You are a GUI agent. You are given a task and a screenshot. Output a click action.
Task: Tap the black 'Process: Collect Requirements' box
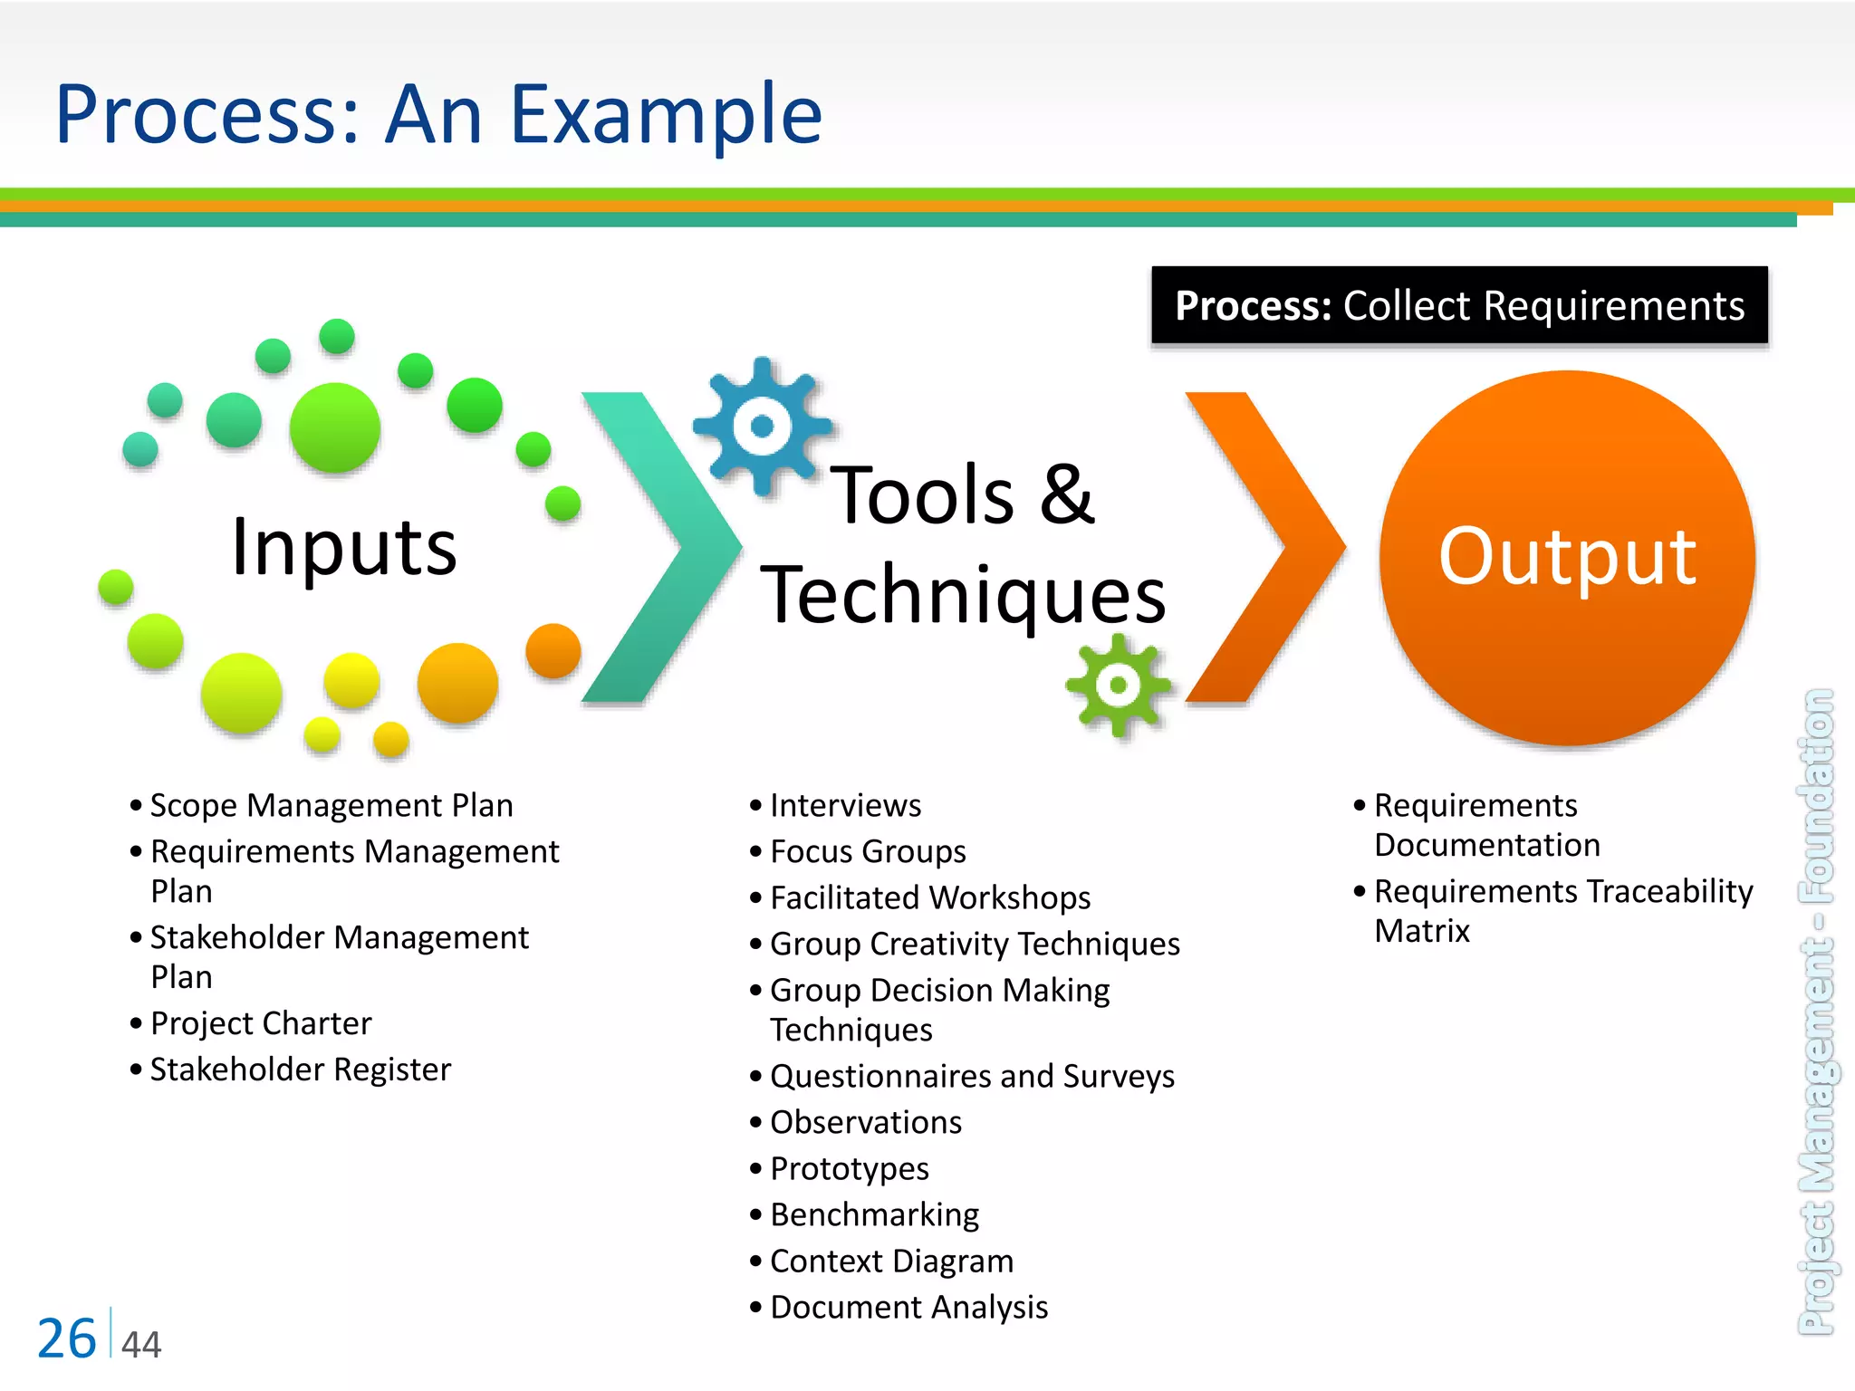[1459, 306]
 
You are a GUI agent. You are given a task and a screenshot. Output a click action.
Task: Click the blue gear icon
[762, 425]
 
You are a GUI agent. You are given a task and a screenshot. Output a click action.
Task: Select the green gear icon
[1118, 686]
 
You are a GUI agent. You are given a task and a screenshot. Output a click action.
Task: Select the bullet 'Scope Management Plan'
[332, 805]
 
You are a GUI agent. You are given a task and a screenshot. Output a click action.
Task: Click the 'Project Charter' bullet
[261, 1023]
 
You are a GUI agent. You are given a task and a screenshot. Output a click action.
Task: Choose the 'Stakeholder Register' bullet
[300, 1070]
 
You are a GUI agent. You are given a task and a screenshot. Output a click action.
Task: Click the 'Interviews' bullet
[845, 805]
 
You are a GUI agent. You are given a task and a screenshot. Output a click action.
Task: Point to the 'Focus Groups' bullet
[868, 851]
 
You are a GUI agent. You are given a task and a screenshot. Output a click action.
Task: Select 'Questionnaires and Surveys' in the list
[972, 1076]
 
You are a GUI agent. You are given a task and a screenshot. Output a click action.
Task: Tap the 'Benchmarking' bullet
[874, 1214]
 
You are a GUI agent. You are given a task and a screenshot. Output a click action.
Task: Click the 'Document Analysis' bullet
[908, 1307]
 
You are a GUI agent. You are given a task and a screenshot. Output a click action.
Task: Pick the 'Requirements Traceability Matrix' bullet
[1562, 909]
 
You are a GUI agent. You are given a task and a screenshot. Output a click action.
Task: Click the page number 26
[66, 1338]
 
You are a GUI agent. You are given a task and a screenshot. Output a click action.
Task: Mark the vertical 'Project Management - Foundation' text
[1816, 1012]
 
